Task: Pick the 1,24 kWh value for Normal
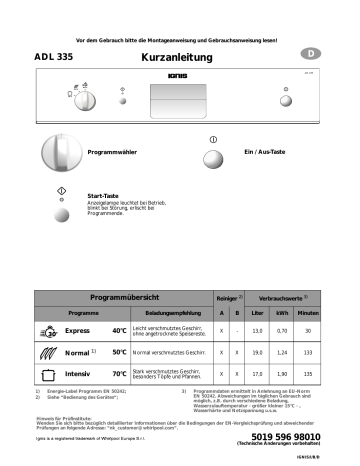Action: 282,353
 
